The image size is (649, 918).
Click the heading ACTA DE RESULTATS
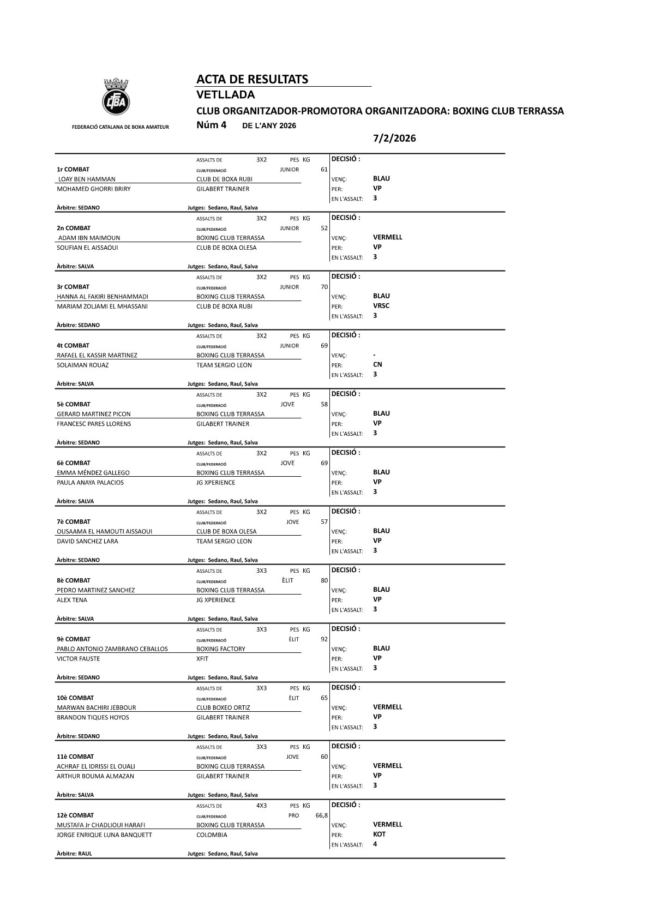pos(252,80)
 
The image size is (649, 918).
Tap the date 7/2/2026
pos(394,139)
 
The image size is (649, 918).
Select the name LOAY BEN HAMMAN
pos(87,179)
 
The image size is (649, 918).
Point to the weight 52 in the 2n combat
pos(324,229)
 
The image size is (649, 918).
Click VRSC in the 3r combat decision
pos(381,306)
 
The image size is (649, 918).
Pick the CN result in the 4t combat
pos(377,364)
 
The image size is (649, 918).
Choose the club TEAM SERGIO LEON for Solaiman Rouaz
pos(224,365)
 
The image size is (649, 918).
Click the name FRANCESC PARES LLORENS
pos(94,424)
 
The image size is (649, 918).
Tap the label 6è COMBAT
pos(74,463)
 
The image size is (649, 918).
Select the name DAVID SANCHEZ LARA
pos(87,541)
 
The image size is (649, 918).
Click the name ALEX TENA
pos(72,600)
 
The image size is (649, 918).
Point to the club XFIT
pos(202,659)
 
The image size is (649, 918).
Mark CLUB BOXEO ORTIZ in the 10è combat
pos(223,707)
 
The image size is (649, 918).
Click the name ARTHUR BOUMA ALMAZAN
pos(95,776)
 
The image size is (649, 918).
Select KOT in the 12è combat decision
pos(379,834)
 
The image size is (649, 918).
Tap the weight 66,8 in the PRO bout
pos(321,815)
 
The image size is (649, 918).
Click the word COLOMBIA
pos(212,835)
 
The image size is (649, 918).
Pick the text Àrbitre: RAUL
pos(74,854)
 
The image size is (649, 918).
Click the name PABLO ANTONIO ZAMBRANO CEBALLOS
pos(112,649)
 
